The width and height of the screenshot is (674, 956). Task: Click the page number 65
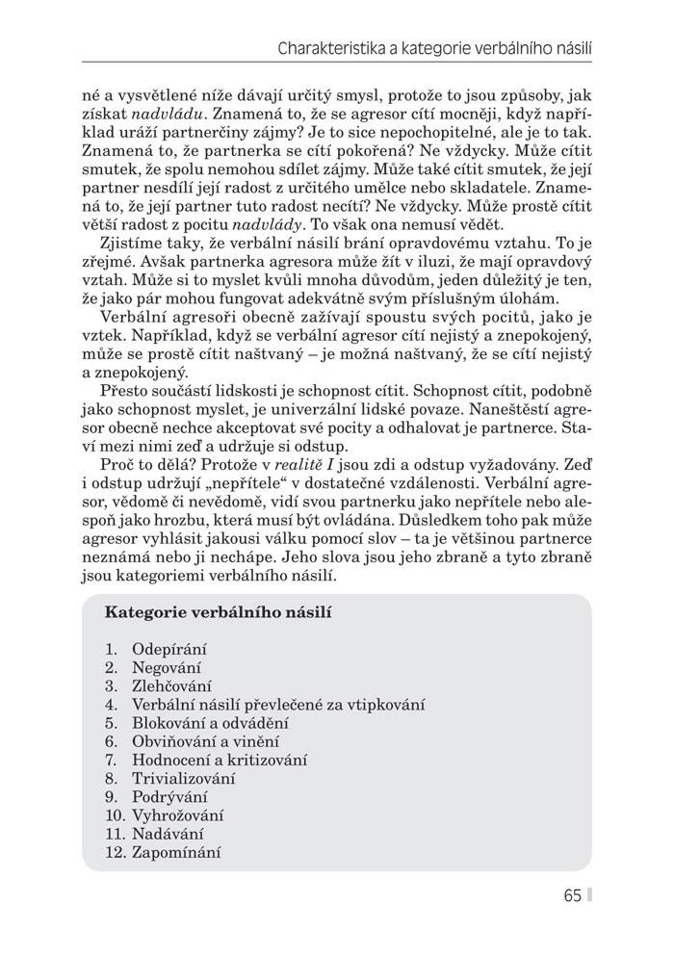(x=573, y=895)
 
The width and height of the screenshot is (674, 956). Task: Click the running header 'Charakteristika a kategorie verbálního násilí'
(x=433, y=45)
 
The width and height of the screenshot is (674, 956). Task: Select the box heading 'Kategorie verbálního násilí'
(x=219, y=611)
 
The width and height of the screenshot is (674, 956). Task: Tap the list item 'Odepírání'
(x=169, y=649)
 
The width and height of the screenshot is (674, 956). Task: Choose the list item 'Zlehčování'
(x=171, y=685)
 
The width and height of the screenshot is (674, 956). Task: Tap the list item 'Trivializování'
(x=184, y=778)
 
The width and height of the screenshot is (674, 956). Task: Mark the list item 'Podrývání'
(x=169, y=796)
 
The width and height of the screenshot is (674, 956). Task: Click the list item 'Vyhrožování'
(x=179, y=814)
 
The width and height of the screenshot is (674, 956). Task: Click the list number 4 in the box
(x=110, y=704)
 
